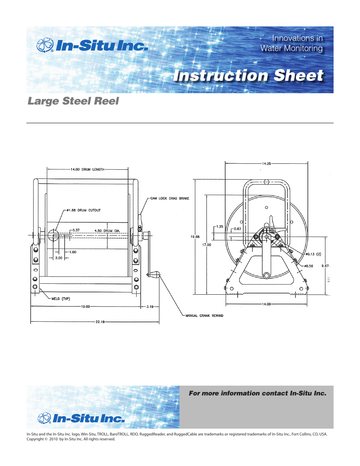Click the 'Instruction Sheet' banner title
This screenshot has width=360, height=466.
point(248,75)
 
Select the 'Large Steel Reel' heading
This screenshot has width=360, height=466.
point(73,101)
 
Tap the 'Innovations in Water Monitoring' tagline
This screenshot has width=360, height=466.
point(291,43)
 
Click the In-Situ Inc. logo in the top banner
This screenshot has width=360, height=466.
point(92,46)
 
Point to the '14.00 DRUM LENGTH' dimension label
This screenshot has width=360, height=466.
point(87,169)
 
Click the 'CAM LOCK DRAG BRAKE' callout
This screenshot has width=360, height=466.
point(170,198)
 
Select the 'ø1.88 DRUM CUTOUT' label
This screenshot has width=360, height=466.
point(84,210)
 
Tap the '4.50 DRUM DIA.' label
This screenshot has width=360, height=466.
point(107,231)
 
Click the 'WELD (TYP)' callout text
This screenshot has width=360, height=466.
point(61,299)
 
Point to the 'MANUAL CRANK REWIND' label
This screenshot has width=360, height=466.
point(204,316)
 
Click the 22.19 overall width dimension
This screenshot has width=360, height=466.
point(100,322)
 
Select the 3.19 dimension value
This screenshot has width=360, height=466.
point(150,307)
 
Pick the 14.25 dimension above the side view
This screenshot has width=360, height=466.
point(266,164)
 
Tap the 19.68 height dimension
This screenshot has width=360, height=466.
point(195,237)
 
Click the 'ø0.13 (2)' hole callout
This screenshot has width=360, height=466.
point(313,254)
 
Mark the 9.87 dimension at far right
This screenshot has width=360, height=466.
point(325,266)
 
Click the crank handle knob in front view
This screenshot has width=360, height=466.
point(154,274)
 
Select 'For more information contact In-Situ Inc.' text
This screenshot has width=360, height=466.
point(257,393)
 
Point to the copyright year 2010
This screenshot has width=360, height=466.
point(53,439)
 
